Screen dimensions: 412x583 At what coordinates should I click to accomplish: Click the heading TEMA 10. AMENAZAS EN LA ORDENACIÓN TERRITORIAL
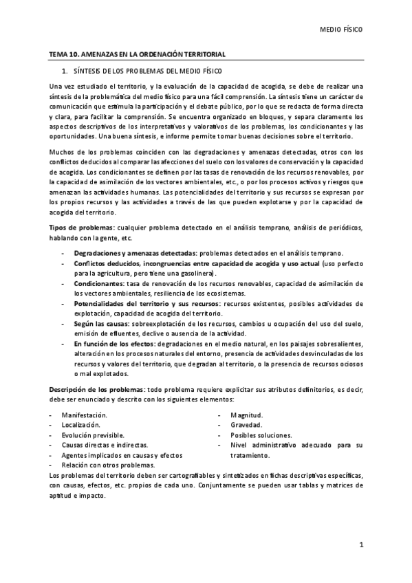tap(137, 54)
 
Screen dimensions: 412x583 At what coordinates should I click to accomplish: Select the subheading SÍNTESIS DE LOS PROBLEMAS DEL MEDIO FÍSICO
tap(142, 71)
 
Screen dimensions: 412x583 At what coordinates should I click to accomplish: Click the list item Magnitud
tap(247, 416)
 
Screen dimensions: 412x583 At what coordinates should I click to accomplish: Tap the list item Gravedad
tap(246, 426)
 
